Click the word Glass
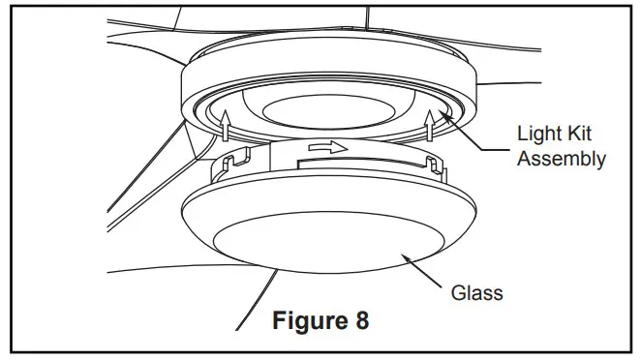[476, 292]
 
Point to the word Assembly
[562, 159]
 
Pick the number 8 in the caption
[361, 320]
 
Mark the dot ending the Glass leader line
[408, 258]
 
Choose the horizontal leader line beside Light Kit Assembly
[497, 148]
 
